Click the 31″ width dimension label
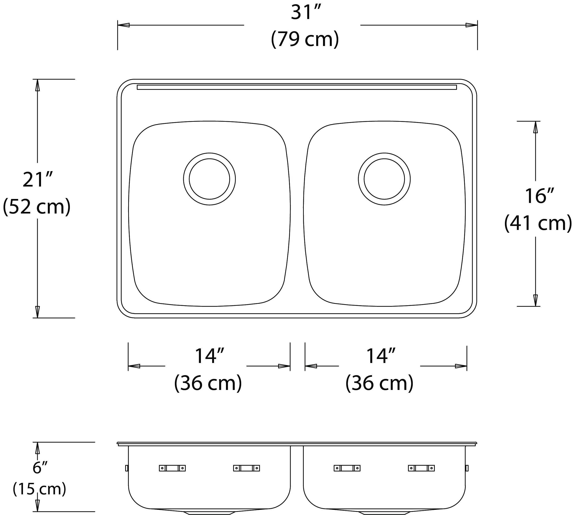point(306,13)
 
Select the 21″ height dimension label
point(38,180)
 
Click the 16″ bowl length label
point(539,196)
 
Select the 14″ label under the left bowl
point(210,356)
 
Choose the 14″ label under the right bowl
point(381,356)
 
